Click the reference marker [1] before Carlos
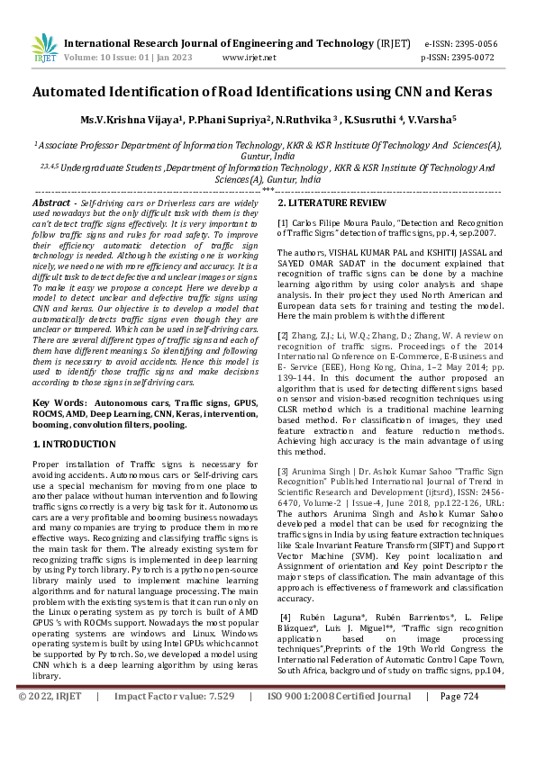283,221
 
